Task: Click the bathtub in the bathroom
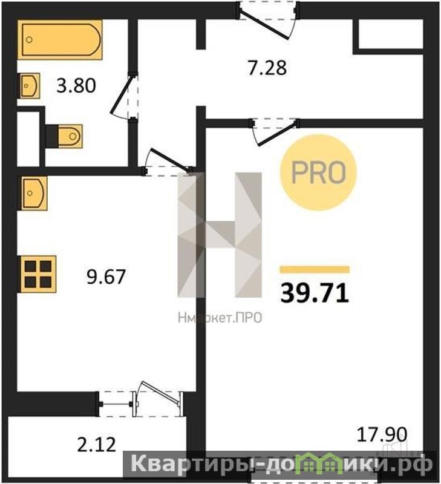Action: (x=60, y=39)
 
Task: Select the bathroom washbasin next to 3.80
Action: (x=29, y=85)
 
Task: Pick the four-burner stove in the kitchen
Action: (x=38, y=274)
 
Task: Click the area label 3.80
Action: (x=76, y=86)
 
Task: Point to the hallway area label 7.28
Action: (x=267, y=68)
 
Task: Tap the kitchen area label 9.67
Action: (x=106, y=276)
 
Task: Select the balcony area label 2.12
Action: (x=96, y=445)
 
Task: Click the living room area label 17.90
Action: (x=382, y=434)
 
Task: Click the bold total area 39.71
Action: (x=315, y=293)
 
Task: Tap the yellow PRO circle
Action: (x=318, y=172)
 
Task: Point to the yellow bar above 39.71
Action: (x=315, y=270)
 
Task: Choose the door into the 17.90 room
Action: (x=275, y=131)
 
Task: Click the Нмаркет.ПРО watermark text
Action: (x=220, y=318)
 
